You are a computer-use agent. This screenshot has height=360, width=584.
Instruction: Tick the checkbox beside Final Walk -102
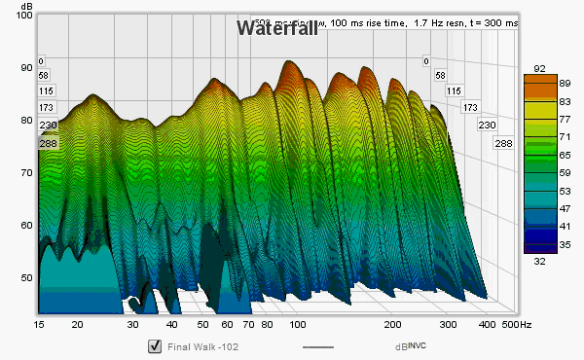pos(154,346)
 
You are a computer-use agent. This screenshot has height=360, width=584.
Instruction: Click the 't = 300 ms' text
pos(491,22)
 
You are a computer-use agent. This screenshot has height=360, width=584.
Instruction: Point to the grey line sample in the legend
pos(318,347)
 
